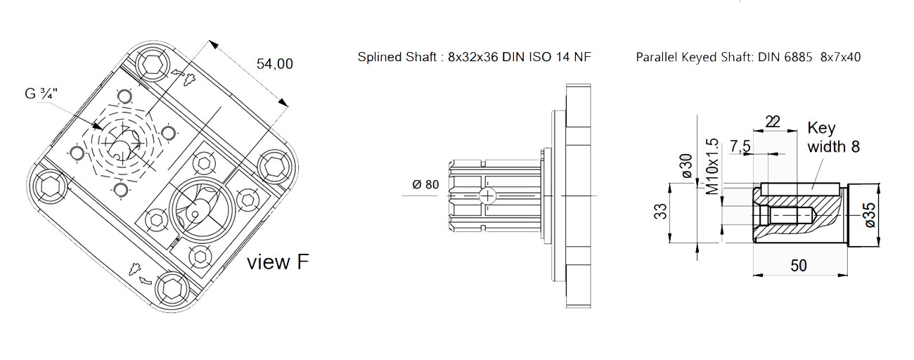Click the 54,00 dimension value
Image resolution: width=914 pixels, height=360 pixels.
[275, 64]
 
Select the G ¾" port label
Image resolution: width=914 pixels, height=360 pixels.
[41, 94]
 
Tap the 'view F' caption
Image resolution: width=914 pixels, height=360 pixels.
[278, 262]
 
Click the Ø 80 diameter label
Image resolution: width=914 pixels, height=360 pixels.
[425, 185]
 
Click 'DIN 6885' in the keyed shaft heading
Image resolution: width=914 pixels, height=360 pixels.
[785, 57]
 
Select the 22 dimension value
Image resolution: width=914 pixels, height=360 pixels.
[773, 122]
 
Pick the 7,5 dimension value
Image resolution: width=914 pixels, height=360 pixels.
[740, 146]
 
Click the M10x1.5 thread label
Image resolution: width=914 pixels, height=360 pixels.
[712, 167]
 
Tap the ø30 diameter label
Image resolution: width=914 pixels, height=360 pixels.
[686, 166]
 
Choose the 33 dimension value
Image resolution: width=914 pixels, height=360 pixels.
[660, 212]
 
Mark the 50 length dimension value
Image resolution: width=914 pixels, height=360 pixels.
[799, 266]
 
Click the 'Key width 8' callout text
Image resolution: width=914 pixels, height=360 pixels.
[833, 137]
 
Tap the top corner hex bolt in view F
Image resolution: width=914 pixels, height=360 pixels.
[154, 65]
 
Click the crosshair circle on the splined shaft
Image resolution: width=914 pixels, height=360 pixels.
[487, 196]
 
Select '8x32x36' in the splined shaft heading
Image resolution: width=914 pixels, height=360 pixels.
[473, 57]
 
